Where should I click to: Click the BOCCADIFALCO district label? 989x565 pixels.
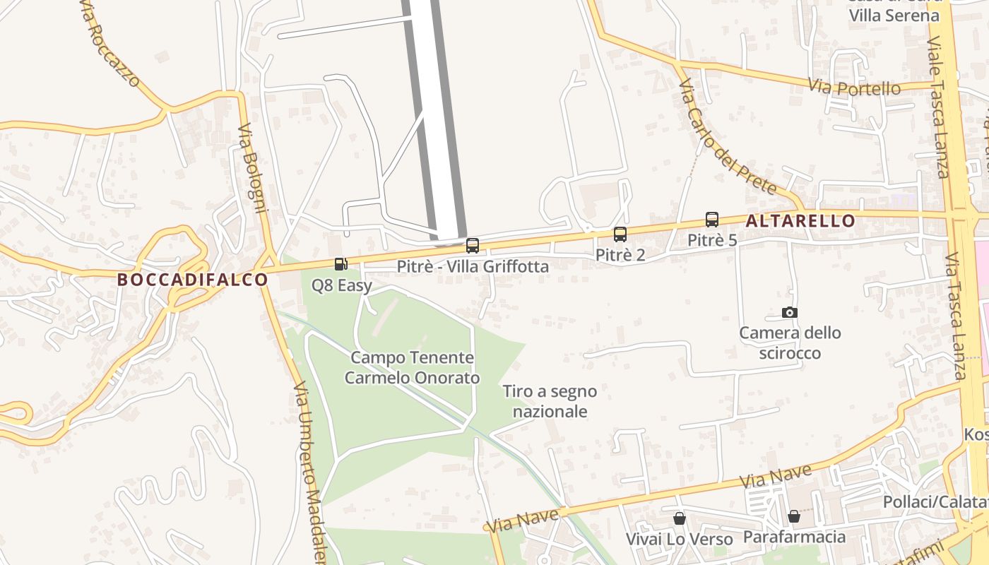coord(193,280)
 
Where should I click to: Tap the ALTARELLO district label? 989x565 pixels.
coord(800,221)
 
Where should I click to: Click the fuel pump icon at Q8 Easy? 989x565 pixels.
coord(341,264)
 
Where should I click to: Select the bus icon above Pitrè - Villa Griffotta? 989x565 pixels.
coord(473,246)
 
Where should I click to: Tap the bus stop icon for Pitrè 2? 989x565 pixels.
coord(620,234)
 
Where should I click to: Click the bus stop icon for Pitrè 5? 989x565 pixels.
coord(712,220)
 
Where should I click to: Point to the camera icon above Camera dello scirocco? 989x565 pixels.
coord(790,312)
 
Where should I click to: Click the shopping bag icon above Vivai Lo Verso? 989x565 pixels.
coord(680,518)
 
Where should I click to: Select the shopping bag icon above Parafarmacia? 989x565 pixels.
coord(794,516)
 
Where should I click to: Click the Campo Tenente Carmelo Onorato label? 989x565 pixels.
coord(413,368)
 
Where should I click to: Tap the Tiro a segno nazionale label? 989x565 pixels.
coord(550,401)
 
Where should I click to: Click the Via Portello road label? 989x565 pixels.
coord(855,88)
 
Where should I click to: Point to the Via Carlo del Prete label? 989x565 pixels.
coord(728,137)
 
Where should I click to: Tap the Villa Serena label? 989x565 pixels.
coord(894,15)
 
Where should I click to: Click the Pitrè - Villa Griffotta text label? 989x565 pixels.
coord(473,267)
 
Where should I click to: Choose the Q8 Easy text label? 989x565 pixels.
coord(342,286)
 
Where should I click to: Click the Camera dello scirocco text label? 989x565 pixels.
coord(790,343)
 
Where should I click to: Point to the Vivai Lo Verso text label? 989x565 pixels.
coord(680,539)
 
